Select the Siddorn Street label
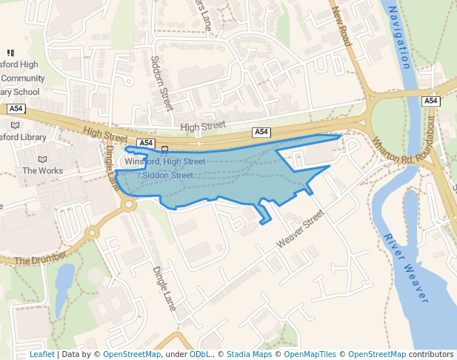click(x=161, y=82)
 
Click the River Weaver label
click(x=406, y=267)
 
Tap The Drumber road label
click(x=41, y=258)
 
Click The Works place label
click(x=42, y=170)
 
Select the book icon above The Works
click(x=42, y=159)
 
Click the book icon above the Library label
click(x=16, y=126)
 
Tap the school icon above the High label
click(x=10, y=53)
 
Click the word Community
click(x=22, y=79)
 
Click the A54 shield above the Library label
click(x=16, y=109)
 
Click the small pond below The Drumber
click(x=64, y=280)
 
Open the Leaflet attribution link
click(x=41, y=355)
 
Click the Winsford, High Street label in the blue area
click(x=165, y=161)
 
